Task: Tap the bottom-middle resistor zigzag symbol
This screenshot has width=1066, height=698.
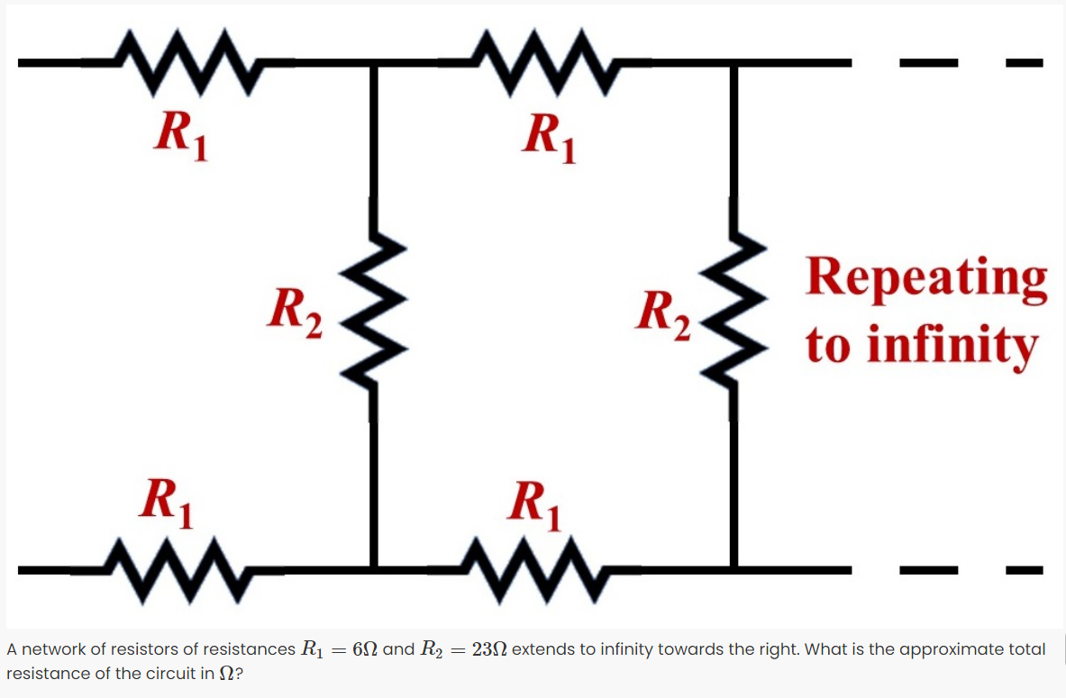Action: [x=532, y=568]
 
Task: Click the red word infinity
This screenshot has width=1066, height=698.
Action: [x=951, y=346]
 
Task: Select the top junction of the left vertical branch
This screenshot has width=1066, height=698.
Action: [x=374, y=62]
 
